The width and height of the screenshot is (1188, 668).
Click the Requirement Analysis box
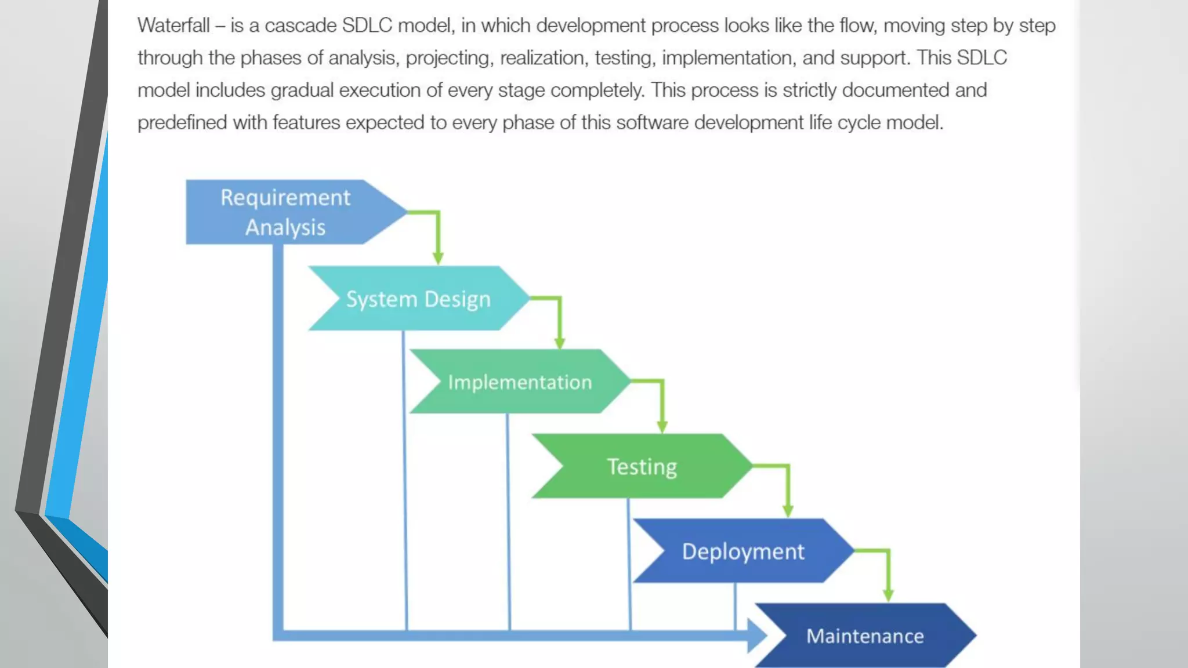click(x=284, y=212)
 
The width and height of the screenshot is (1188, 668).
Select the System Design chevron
click(x=418, y=299)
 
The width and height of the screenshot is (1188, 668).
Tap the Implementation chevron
click(x=519, y=382)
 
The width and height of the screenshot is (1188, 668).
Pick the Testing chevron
click(x=642, y=466)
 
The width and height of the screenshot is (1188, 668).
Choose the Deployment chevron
click(x=742, y=551)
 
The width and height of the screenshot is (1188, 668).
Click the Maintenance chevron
click(x=864, y=636)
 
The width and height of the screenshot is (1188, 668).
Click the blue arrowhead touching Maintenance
click(x=757, y=636)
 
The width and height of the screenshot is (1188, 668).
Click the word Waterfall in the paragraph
click(x=173, y=26)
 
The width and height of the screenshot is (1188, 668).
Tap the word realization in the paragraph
click(x=542, y=58)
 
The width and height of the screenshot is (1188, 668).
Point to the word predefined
click(x=182, y=123)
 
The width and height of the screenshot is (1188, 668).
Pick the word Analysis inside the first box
click(x=285, y=227)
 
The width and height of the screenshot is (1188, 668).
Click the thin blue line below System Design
click(x=405, y=481)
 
